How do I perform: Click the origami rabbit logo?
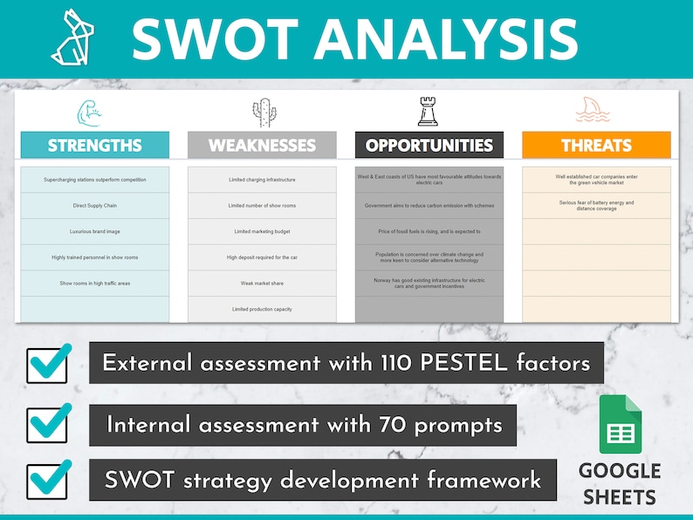pyautogui.click(x=72, y=38)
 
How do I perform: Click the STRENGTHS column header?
pyautogui.click(x=94, y=145)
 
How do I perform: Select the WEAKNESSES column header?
pyautogui.click(x=262, y=145)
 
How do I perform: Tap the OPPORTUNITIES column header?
pyautogui.click(x=429, y=145)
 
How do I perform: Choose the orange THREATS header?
pyautogui.click(x=596, y=145)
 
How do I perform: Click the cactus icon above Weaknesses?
pyautogui.click(x=263, y=113)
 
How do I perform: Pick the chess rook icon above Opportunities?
pyautogui.click(x=429, y=112)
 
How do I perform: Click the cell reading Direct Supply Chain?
pyautogui.click(x=94, y=206)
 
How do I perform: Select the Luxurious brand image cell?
pyautogui.click(x=94, y=232)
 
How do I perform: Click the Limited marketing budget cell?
pyautogui.click(x=262, y=232)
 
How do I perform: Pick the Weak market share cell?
pyautogui.click(x=262, y=284)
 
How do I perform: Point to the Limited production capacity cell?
pyautogui.click(x=262, y=310)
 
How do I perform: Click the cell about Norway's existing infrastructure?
pyautogui.click(x=429, y=284)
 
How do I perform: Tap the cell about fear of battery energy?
pyautogui.click(x=596, y=206)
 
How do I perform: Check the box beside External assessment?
pyautogui.click(x=48, y=364)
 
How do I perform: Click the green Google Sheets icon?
pyautogui.click(x=621, y=424)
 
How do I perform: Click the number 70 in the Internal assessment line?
pyautogui.click(x=392, y=425)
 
